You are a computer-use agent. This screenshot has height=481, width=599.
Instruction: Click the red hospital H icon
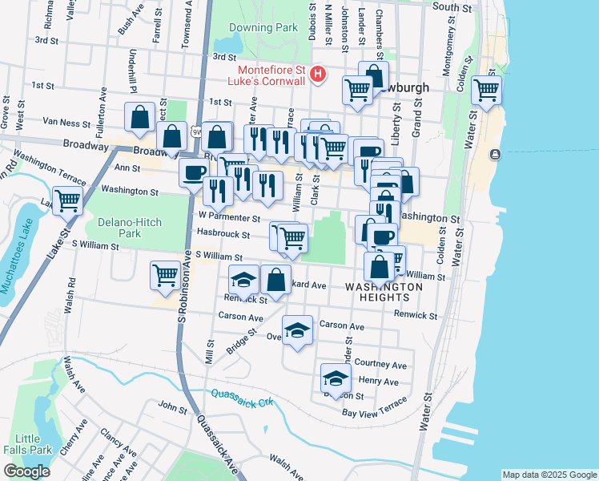[319, 75]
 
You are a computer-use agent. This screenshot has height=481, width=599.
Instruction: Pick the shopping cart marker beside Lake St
[67, 200]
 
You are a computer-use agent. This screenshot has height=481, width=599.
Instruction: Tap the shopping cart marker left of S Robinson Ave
[165, 275]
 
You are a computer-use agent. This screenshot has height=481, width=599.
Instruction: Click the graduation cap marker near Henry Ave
[336, 378]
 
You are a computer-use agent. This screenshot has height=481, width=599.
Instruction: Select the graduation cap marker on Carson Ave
[297, 329]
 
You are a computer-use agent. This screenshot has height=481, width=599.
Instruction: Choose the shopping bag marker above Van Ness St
[140, 117]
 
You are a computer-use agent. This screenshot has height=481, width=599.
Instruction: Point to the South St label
[452, 7]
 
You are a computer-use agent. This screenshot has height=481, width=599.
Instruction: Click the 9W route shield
[195, 131]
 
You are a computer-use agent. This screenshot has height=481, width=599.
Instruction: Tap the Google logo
[26, 471]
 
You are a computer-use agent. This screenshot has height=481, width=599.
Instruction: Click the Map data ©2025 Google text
[549, 475]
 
